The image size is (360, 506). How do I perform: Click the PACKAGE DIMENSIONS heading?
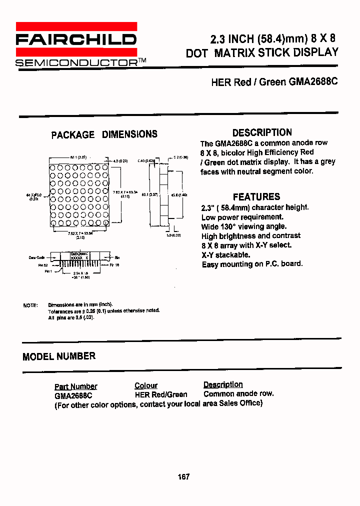point(104,134)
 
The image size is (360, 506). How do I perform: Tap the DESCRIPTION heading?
point(262,132)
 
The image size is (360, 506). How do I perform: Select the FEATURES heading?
point(256,196)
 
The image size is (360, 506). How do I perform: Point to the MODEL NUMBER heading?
point(59,356)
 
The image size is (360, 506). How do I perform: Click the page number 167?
point(183,476)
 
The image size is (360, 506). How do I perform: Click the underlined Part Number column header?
point(75,386)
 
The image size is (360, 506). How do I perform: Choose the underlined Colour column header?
point(146,385)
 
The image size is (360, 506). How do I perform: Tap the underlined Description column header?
point(223,384)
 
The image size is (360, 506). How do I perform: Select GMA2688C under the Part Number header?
point(73,394)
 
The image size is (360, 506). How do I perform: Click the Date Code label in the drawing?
point(36,257)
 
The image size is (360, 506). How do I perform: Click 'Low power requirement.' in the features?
point(242,217)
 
